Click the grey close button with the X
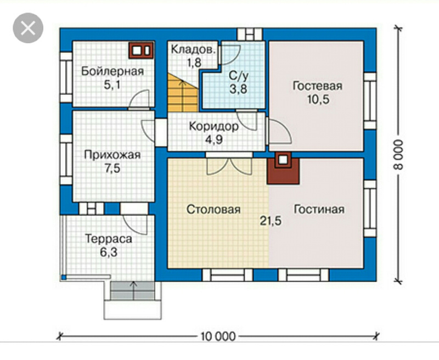[28, 28]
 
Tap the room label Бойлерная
[112, 71]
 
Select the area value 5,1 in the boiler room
[112, 85]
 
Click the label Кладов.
[194, 50]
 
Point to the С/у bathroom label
[239, 76]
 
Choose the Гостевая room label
[318, 86]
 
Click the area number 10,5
[318, 100]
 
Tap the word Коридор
[214, 127]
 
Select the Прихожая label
[112, 155]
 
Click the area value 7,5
[112, 168]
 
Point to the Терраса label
[109, 239]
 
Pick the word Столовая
[213, 210]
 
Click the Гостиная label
[319, 210]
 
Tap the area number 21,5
[271, 221]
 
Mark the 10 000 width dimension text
[218, 336]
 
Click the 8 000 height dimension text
[398, 155]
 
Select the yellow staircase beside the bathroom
[183, 93]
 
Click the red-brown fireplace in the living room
[283, 168]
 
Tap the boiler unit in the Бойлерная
[141, 50]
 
